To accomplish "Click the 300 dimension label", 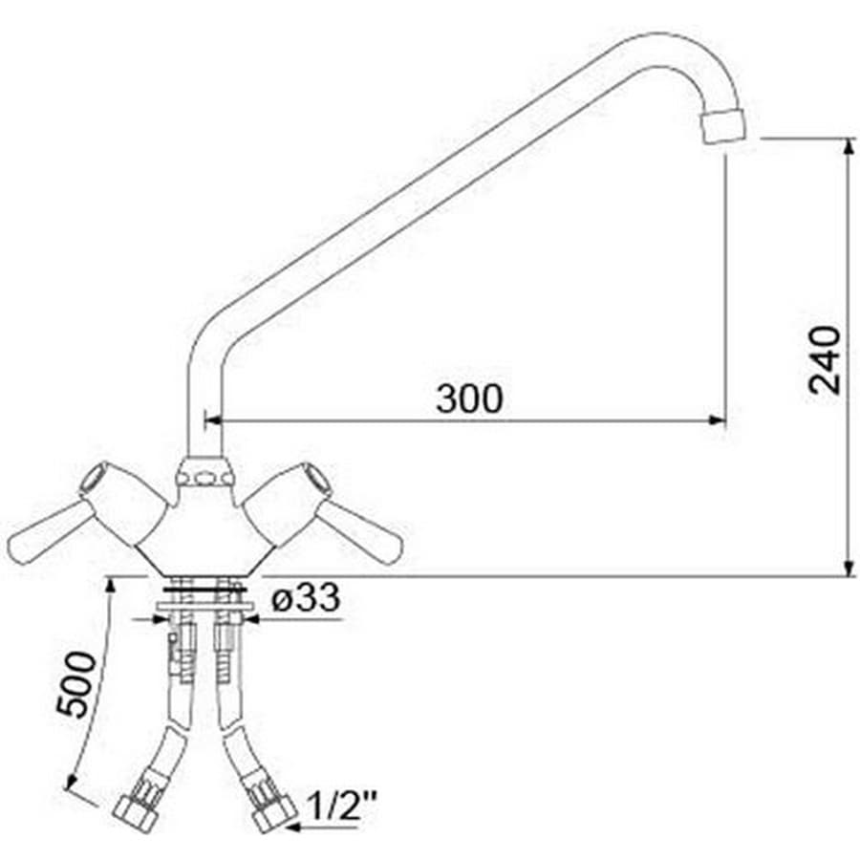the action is click(469, 398).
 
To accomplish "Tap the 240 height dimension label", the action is click(825, 360).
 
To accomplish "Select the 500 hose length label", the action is click(76, 684).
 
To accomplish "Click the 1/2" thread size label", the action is click(342, 806).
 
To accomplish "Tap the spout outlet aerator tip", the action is click(724, 127).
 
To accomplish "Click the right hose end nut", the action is click(272, 812).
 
